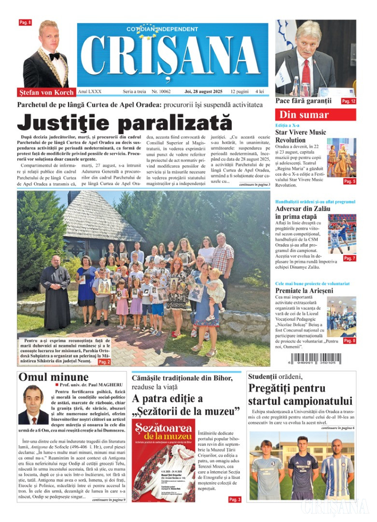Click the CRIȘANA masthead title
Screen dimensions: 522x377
pyautogui.click(x=172, y=57)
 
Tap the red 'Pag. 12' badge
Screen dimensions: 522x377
pyautogui.click(x=349, y=101)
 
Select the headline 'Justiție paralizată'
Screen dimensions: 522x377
pyautogui.click(x=125, y=122)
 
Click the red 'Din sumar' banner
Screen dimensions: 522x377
pyautogui.click(x=316, y=115)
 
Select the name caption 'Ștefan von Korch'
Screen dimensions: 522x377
pyautogui.click(x=46, y=92)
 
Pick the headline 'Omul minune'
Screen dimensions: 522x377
pyautogui.click(x=54, y=377)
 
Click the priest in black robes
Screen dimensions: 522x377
pyautogui.click(x=55, y=292)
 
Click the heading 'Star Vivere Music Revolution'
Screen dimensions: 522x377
pyautogui.click(x=300, y=136)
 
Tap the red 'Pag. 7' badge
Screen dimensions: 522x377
pyautogui.click(x=349, y=258)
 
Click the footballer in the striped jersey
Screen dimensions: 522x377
pyautogui.click(x=337, y=469)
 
